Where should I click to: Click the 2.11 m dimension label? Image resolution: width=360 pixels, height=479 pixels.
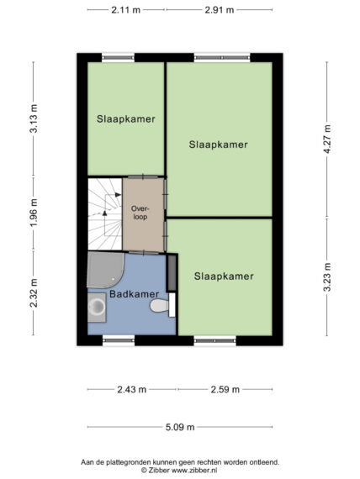click(x=125, y=10)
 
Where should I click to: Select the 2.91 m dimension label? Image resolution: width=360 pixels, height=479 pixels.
click(x=220, y=10)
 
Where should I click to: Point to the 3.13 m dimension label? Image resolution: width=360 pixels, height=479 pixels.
click(x=34, y=118)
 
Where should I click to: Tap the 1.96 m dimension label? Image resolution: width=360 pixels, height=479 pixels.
click(x=34, y=213)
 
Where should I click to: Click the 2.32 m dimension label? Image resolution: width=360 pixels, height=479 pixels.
click(x=34, y=293)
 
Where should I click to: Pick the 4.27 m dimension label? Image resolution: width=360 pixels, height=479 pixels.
click(x=327, y=139)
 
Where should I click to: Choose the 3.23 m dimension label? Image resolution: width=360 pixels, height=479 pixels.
click(x=327, y=277)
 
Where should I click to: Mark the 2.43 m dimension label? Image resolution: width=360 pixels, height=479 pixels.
click(x=132, y=389)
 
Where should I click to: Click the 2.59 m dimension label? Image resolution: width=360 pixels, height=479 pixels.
click(x=225, y=389)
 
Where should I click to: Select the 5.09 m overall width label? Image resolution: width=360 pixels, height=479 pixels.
click(x=180, y=427)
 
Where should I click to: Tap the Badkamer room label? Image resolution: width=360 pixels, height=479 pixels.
click(x=134, y=294)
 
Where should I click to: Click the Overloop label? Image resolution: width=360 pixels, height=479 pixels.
click(x=140, y=213)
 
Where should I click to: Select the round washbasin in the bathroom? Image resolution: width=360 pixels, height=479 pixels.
click(x=97, y=307)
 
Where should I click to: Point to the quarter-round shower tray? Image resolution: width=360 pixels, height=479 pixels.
click(x=105, y=270)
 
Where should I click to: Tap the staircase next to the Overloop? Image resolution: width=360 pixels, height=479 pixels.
click(x=105, y=213)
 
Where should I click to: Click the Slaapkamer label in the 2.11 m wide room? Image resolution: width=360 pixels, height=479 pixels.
click(x=125, y=118)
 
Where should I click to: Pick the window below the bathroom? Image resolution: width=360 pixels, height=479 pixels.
click(x=119, y=340)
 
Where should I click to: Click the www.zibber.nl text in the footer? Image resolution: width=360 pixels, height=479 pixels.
click(x=194, y=470)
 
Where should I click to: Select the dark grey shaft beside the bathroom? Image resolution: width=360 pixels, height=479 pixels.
click(x=172, y=272)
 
